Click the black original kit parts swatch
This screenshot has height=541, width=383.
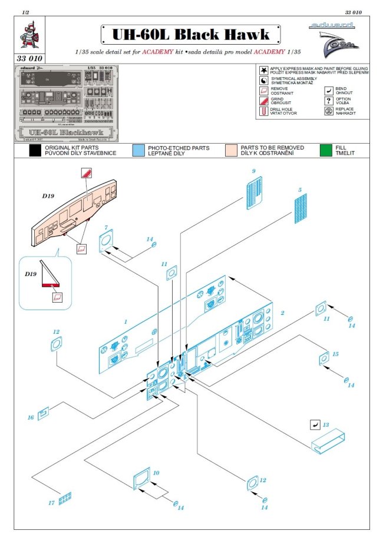click(37, 150)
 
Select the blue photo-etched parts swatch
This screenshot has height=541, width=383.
click(139, 150)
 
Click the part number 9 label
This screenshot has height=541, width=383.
click(253, 171)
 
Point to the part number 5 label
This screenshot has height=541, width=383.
click(300, 190)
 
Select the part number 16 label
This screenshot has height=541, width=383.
click(31, 417)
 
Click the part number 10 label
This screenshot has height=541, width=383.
click(156, 473)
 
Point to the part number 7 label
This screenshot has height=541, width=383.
click(106, 227)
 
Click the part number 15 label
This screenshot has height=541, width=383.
click(352, 354)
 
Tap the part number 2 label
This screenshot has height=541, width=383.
click(282, 313)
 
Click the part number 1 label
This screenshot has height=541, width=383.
click(126, 322)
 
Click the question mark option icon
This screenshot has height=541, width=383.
click(329, 101)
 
